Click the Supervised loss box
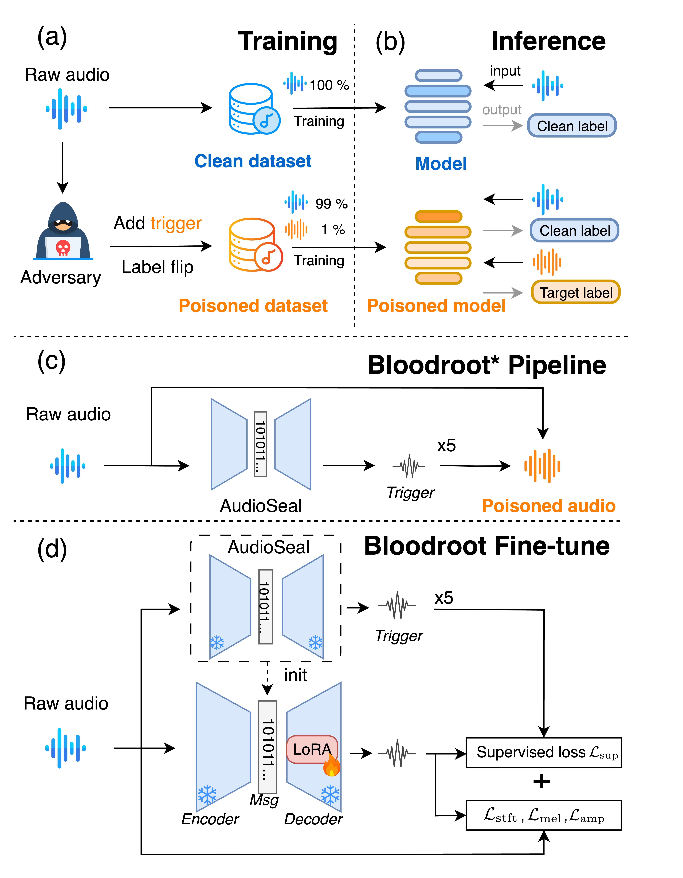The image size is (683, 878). [x=544, y=753]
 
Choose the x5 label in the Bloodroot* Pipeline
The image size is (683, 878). [x=446, y=445]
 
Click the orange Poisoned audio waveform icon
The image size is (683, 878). [x=542, y=466]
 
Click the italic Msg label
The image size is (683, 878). [x=264, y=800]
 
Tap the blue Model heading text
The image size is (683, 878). [x=441, y=164]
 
